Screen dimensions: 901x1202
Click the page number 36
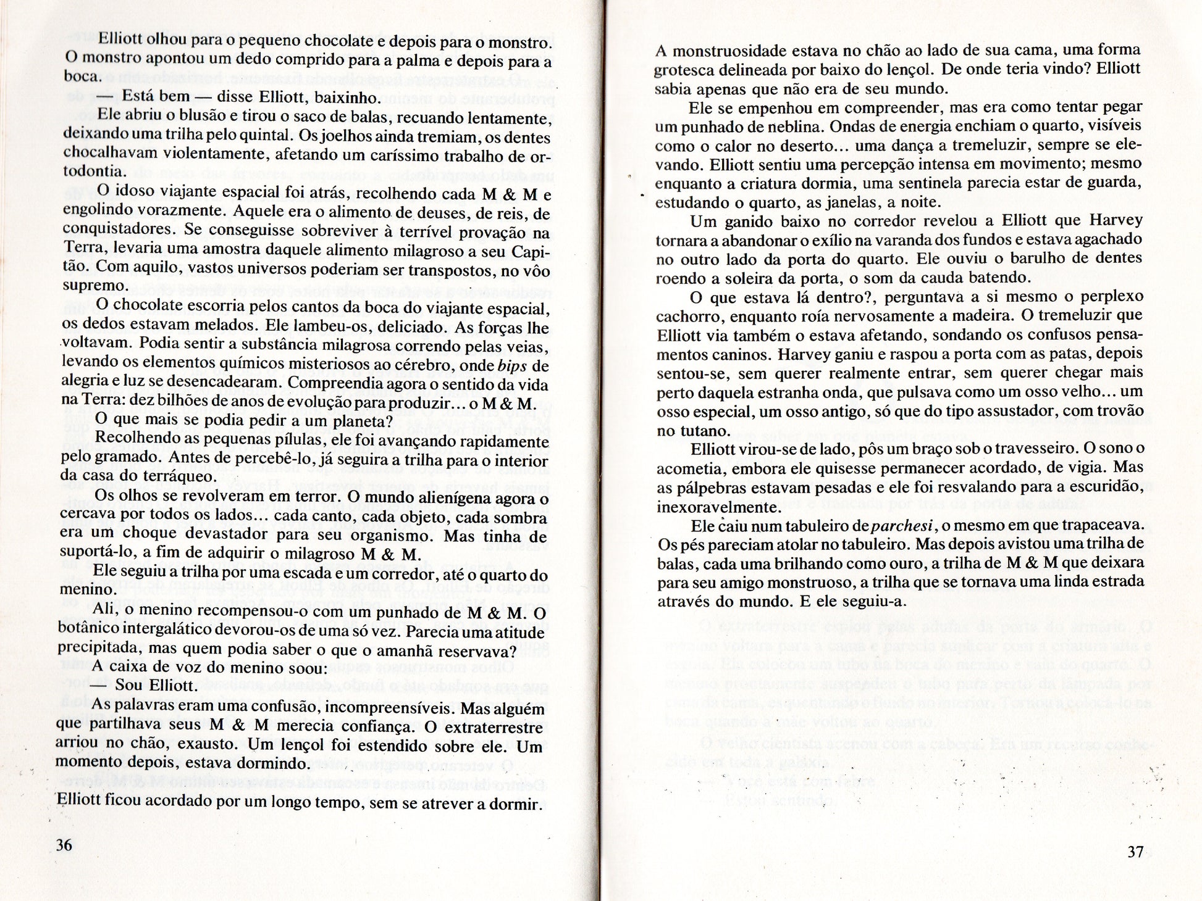(64, 845)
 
